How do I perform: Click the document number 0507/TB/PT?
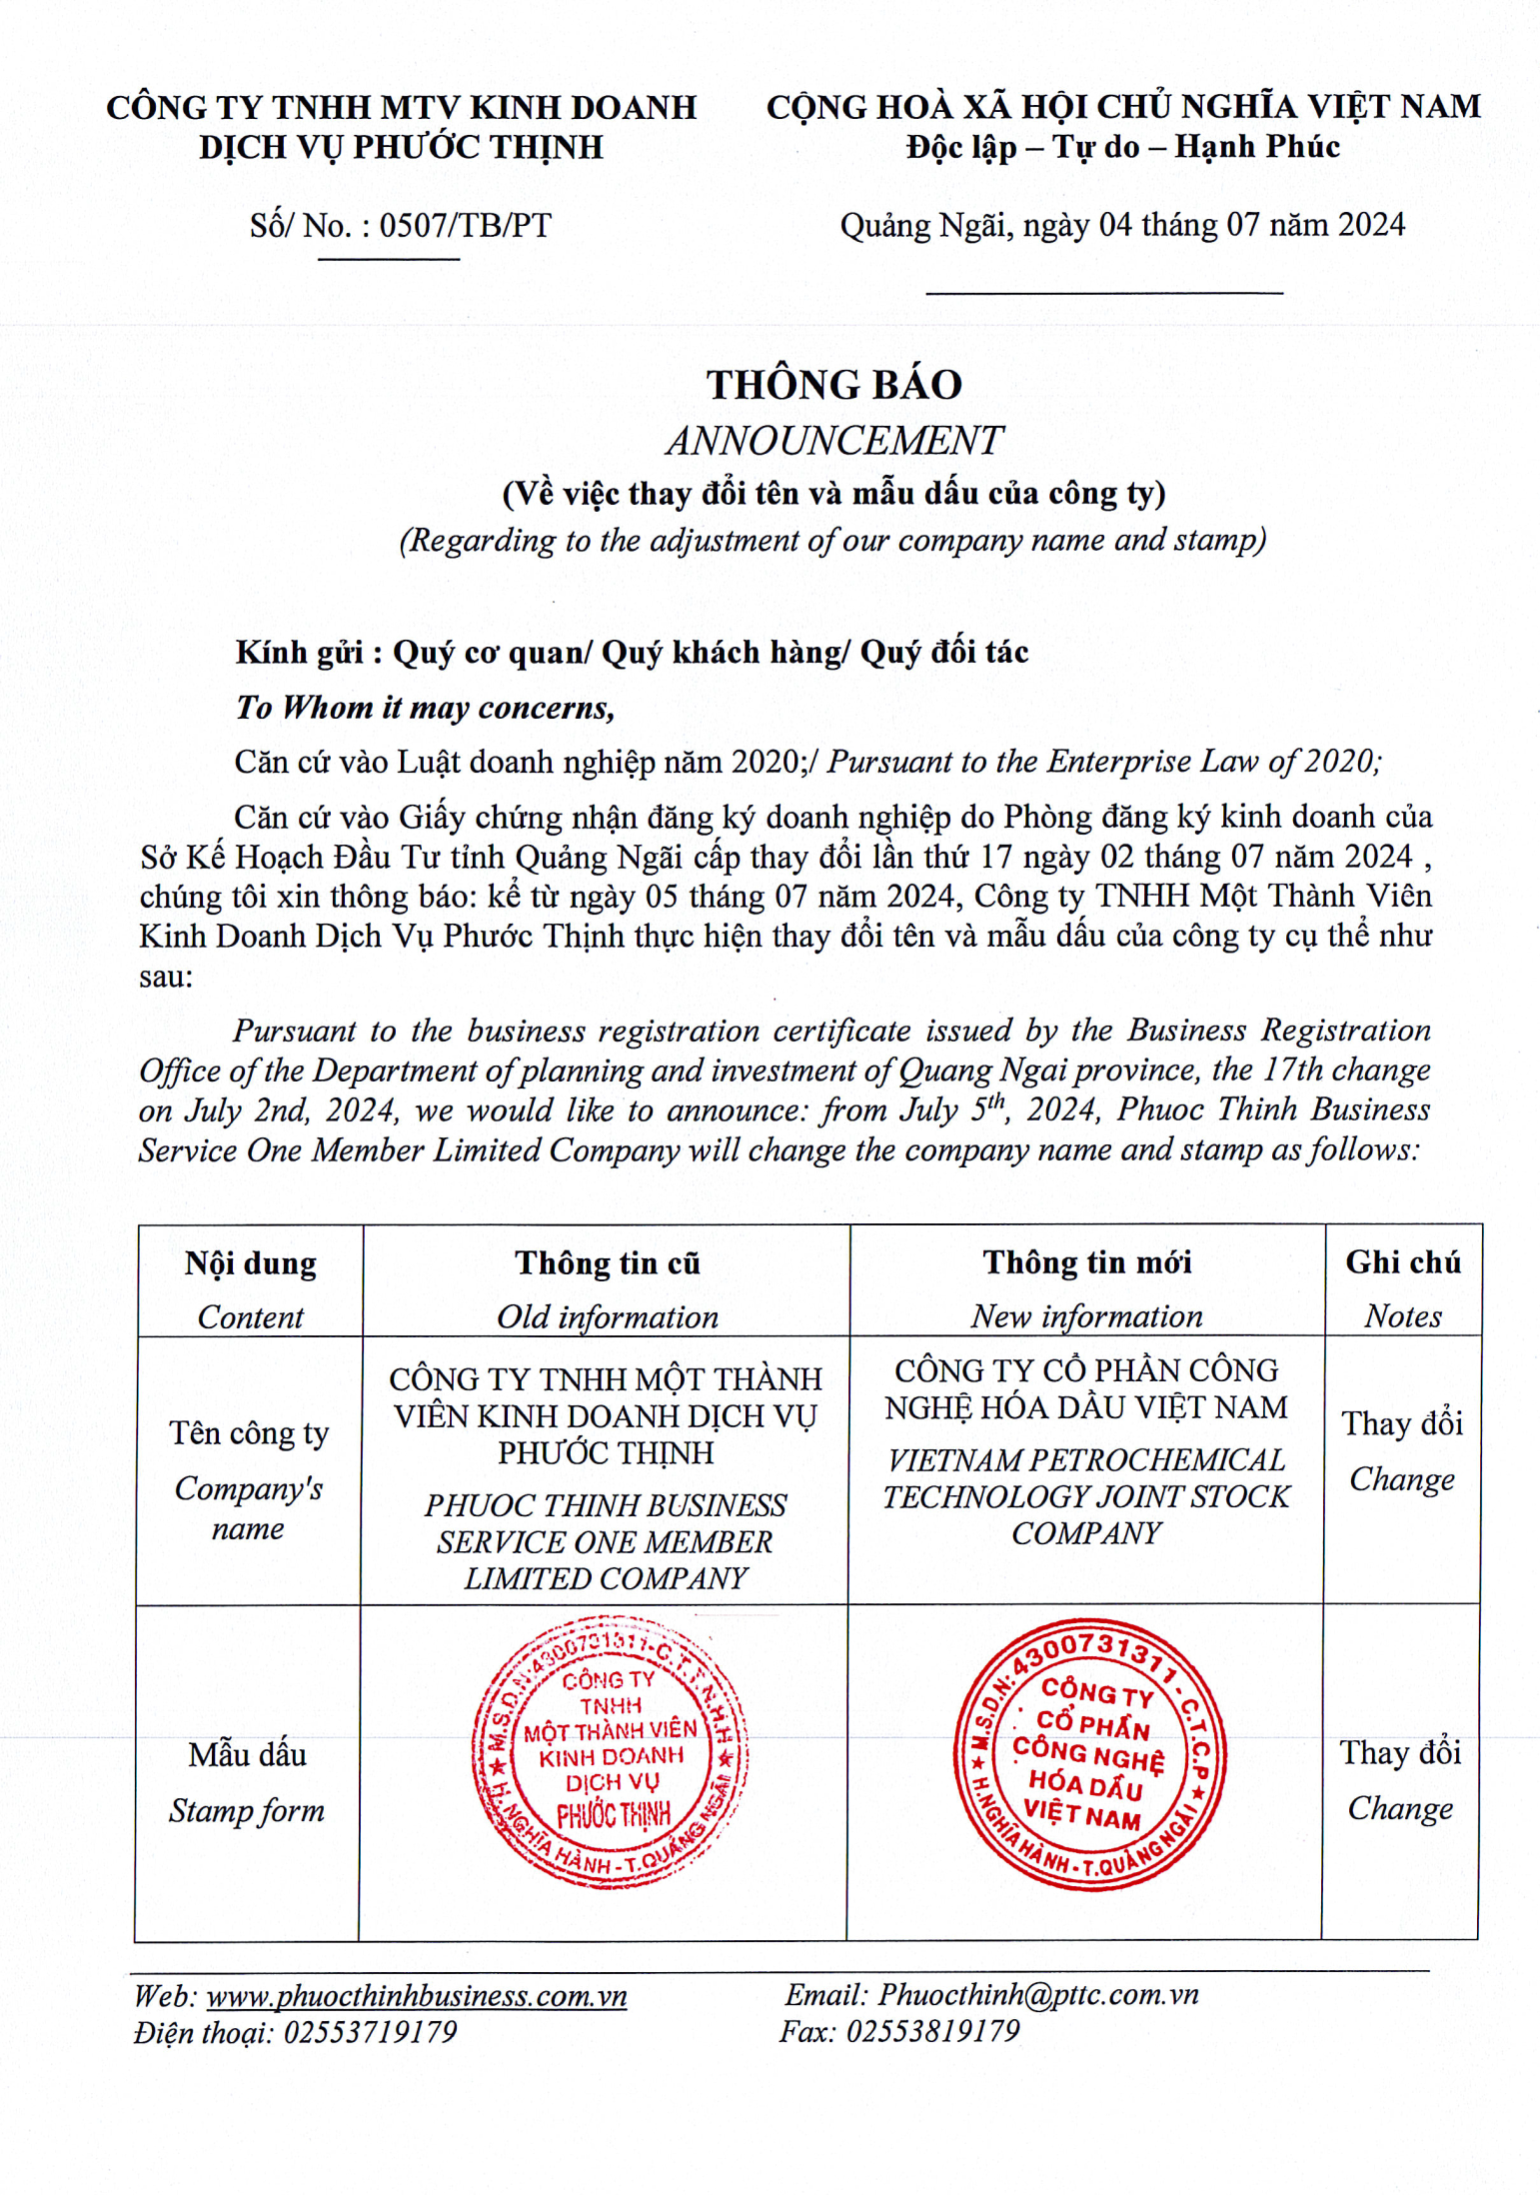[465, 226]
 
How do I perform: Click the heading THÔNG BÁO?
[833, 385]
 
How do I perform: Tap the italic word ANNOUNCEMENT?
[833, 441]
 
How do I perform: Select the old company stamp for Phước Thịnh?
[609, 1752]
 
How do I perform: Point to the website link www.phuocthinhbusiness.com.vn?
[416, 1996]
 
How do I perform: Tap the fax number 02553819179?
[932, 2031]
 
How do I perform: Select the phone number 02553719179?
[370, 2032]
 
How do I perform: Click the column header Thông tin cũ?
[607, 1263]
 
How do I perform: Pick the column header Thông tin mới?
[1086, 1262]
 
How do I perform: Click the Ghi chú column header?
[1402, 1262]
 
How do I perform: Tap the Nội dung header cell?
[250, 1263]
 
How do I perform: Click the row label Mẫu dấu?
[247, 1755]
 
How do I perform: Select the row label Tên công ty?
[249, 1433]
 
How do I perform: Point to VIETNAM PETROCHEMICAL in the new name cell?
[1086, 1460]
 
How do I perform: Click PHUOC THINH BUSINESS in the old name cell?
[606, 1505]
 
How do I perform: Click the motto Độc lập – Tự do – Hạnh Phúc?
[1122, 148]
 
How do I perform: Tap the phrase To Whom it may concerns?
[425, 708]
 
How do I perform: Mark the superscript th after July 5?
[996, 1102]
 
